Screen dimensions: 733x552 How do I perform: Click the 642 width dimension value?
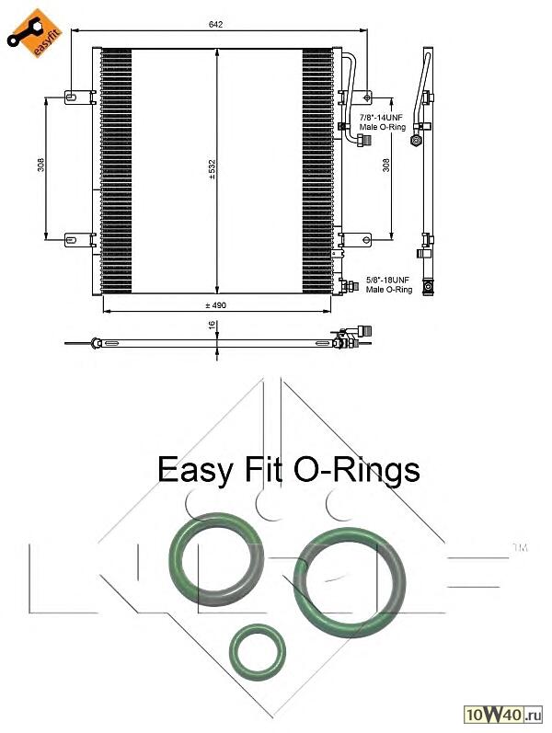click(216, 24)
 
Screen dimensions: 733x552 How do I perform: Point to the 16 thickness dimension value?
click(213, 325)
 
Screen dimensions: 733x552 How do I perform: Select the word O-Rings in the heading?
click(356, 470)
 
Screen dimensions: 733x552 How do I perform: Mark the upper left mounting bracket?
click(79, 96)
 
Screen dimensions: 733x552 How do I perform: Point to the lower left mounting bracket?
click(79, 238)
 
